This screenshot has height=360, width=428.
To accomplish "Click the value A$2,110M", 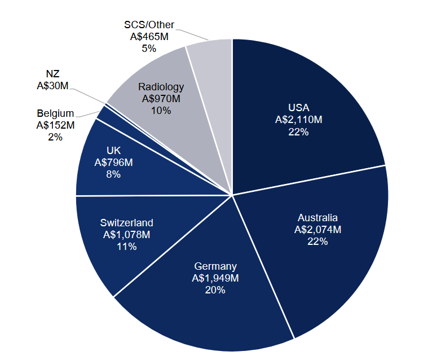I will pyautogui.click(x=299, y=120).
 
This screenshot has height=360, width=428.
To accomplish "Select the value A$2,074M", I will pyautogui.click(x=318, y=230).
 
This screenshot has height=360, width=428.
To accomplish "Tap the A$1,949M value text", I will pyautogui.click(x=215, y=278).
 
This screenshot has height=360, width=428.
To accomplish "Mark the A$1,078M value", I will pyautogui.click(x=127, y=235).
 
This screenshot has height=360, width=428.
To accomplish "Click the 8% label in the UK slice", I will pyautogui.click(x=113, y=174).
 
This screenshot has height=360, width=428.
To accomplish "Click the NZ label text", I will pyautogui.click(x=52, y=74).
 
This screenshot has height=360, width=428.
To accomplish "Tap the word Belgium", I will pyautogui.click(x=55, y=113).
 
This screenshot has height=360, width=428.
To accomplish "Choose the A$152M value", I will pyautogui.click(x=55, y=125).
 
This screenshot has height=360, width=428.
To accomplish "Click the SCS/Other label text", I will pyautogui.click(x=149, y=25).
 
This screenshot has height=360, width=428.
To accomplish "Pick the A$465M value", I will pyautogui.click(x=149, y=37).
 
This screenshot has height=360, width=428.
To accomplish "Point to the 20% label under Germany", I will pyautogui.click(x=215, y=290).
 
